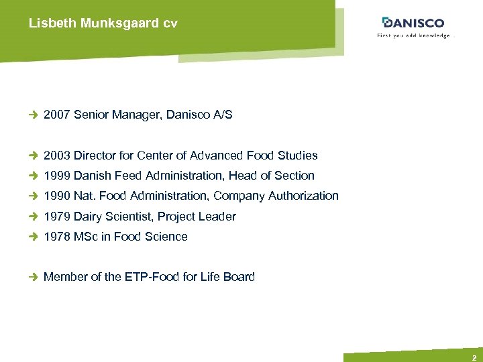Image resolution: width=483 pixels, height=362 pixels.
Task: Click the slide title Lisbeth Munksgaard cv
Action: pos(103,23)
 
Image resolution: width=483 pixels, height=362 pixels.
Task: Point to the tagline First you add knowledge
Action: pos(413,36)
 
